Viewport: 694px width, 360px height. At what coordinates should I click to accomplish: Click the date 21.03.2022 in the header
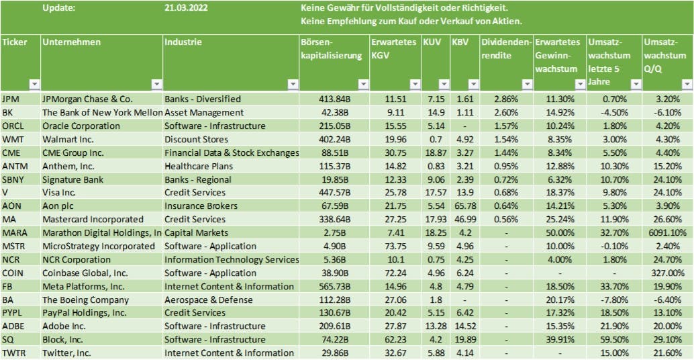186,9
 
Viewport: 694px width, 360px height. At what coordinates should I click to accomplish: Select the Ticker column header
14,42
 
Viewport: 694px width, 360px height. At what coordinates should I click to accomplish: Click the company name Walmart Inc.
68,139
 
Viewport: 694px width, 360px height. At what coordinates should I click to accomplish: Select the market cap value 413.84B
337,99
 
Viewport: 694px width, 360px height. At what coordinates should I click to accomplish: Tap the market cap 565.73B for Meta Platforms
337,286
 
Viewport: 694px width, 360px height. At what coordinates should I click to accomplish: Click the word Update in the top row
59,9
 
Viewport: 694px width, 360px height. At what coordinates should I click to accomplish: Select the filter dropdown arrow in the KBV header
472,84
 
